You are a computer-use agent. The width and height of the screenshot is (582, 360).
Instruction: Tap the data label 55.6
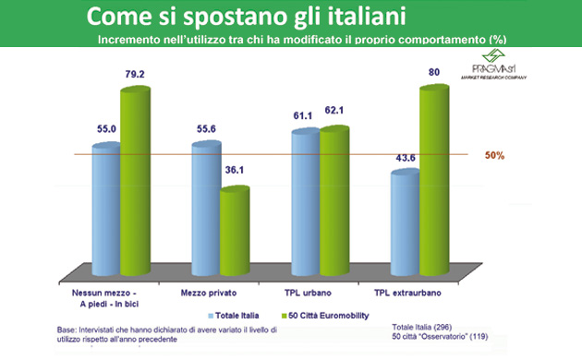pos(205,128)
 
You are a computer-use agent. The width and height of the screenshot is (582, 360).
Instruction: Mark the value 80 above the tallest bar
pos(433,72)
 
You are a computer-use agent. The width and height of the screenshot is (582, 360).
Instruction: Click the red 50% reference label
pos(495,156)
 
